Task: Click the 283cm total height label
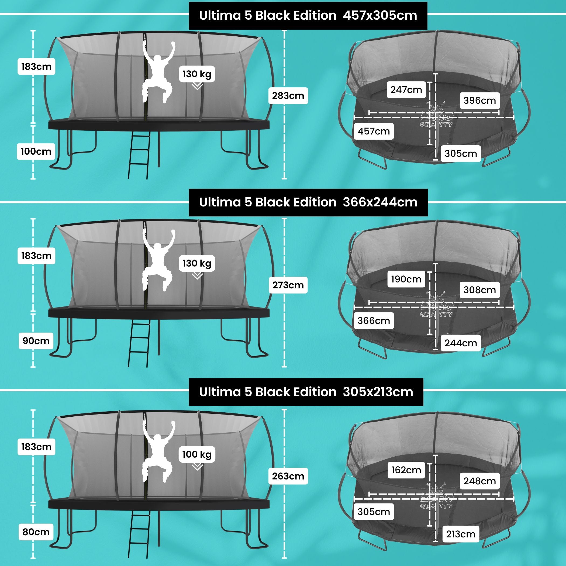[x=288, y=95]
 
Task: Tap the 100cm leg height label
[x=36, y=151]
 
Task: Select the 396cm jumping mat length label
[x=479, y=101]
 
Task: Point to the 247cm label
[x=406, y=90]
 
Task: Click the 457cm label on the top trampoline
[x=374, y=131]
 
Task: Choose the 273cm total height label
[x=288, y=285]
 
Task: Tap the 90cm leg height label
[x=36, y=341]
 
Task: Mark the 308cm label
[x=479, y=290]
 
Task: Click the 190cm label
[x=406, y=279]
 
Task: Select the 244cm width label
[x=461, y=343]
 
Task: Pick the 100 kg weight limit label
[x=197, y=454]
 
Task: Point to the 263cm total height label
[x=288, y=476]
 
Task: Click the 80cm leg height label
[x=36, y=532]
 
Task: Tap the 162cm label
[x=406, y=470]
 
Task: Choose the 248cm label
[x=479, y=481]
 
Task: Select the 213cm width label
[x=461, y=534]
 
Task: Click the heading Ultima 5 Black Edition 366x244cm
[x=308, y=202]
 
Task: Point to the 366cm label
[x=374, y=320]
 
